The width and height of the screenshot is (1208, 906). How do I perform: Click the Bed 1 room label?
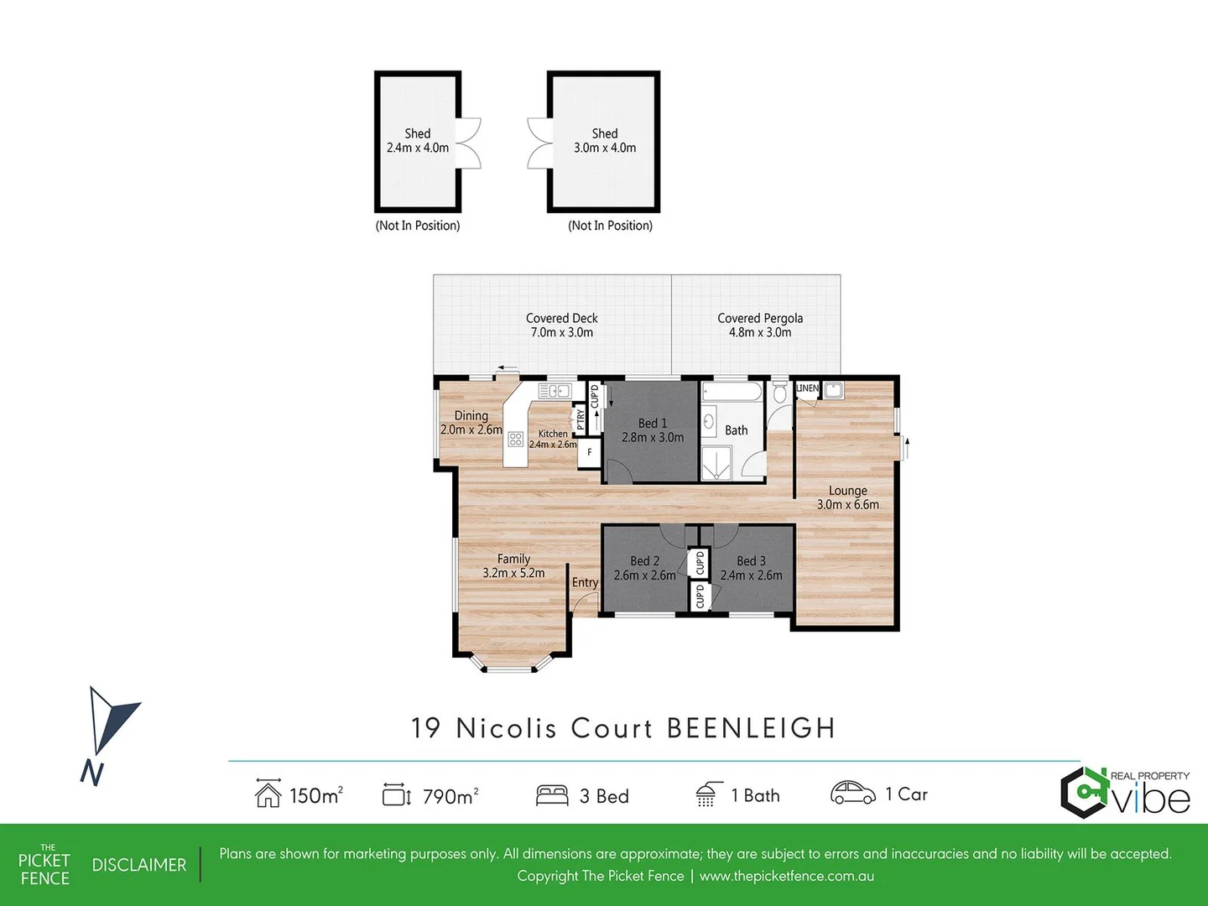[x=653, y=430]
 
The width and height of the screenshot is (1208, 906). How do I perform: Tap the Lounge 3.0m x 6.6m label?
[x=847, y=497]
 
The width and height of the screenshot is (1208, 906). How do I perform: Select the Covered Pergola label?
[x=760, y=325]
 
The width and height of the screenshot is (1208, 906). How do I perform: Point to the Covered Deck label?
[x=561, y=325]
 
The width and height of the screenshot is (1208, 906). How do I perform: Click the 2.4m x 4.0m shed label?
[x=418, y=141]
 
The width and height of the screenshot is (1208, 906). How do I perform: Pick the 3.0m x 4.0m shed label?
[x=605, y=141]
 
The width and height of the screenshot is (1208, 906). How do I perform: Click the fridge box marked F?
[x=590, y=452]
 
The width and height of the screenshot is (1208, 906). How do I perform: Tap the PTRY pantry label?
[x=580, y=419]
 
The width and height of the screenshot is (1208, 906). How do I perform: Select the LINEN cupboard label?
[x=807, y=388]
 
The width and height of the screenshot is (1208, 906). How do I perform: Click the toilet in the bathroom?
[x=779, y=393]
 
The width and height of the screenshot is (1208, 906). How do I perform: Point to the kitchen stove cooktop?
[x=516, y=440]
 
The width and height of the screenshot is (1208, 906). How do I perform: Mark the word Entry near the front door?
[x=585, y=582]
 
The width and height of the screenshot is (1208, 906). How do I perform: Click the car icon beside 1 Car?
[x=852, y=793]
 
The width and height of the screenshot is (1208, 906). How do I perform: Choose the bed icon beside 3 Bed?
[x=552, y=795]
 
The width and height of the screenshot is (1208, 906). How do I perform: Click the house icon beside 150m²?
[x=268, y=794]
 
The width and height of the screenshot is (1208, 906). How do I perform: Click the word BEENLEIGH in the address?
[x=751, y=728]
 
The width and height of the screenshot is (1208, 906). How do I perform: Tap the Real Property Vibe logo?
[x=1125, y=792]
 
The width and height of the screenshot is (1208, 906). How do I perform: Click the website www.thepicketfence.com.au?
[x=786, y=876]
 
